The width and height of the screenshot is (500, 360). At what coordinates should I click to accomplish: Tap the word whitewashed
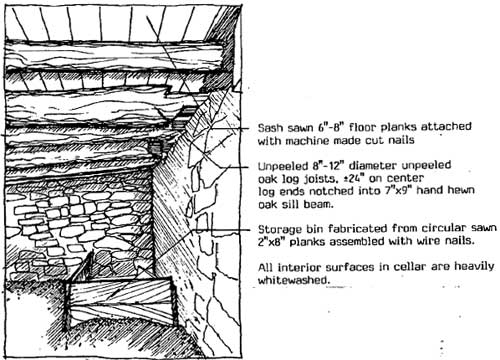click(x=293, y=280)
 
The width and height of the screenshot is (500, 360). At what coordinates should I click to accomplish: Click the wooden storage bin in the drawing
click(x=120, y=302)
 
